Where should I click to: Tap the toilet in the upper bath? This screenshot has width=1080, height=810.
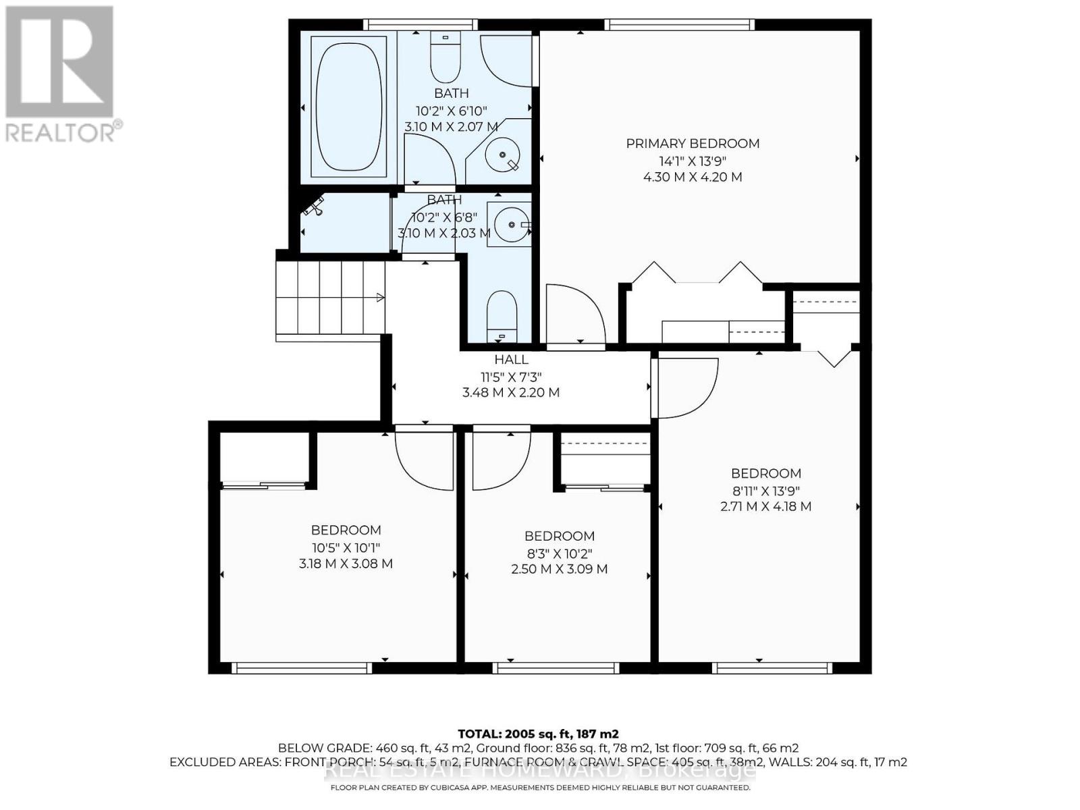pos(445,57)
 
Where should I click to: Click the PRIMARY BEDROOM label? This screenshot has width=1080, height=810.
pos(693,143)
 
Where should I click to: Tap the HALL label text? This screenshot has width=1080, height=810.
pos(511,360)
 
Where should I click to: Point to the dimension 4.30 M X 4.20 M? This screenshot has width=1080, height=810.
pos(693,177)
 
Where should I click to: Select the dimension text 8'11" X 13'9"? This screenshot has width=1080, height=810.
pos(765,491)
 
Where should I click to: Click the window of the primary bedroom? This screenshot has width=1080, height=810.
pos(679,25)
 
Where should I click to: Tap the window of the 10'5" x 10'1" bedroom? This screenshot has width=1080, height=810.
pos(302,668)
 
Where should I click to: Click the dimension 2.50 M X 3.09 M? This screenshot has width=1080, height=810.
pos(559,569)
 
